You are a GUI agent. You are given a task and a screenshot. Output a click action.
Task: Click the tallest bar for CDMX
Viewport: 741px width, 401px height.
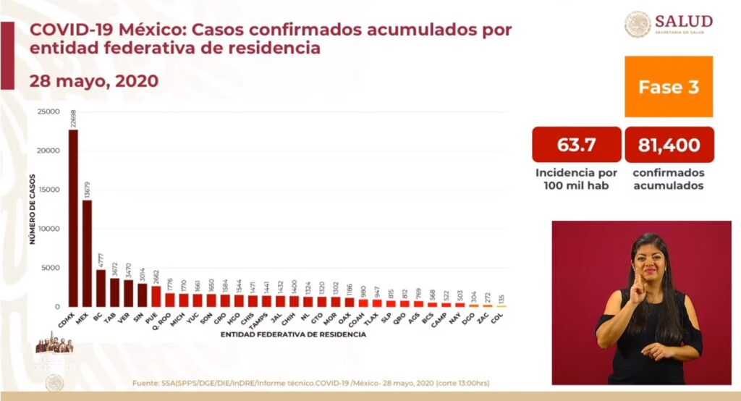[73, 217]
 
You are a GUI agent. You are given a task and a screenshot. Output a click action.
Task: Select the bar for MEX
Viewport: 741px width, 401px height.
[87, 253]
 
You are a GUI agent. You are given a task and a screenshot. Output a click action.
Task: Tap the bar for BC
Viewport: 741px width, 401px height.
[101, 288]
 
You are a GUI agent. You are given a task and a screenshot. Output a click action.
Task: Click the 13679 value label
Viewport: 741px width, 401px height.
[88, 189]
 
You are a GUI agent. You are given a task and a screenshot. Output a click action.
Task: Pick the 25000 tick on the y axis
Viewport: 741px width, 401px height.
[49, 111]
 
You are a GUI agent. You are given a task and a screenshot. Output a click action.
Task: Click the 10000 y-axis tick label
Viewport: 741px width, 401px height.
[49, 229]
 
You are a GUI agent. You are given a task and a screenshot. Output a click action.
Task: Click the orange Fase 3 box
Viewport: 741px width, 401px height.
[669, 87]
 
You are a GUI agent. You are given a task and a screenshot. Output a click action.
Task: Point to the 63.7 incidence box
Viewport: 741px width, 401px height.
[577, 145]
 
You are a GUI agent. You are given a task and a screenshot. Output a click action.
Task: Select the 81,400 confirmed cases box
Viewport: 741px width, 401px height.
[669, 145]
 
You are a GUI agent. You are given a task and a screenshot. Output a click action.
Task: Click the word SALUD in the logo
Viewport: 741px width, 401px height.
[683, 21]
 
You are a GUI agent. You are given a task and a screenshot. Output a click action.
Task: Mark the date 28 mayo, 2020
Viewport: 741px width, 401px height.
[93, 80]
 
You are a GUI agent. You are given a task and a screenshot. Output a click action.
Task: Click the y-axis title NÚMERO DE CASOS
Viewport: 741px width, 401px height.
[33, 209]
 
